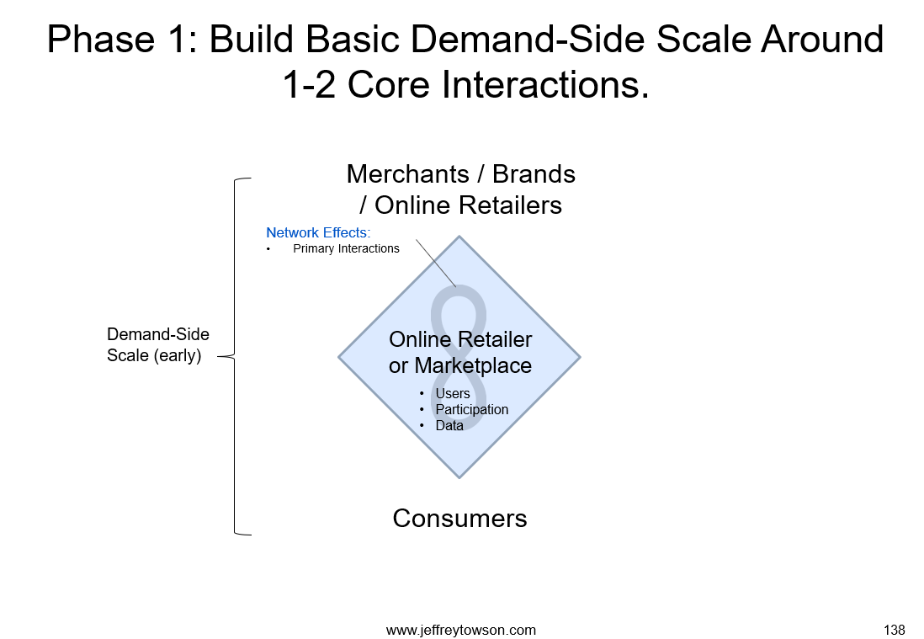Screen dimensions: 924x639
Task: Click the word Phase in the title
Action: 101,40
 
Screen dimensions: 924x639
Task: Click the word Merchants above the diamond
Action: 408,174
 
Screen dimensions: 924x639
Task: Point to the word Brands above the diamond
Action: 534,174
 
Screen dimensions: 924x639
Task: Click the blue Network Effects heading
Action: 318,233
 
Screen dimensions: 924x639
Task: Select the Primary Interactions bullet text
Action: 346,248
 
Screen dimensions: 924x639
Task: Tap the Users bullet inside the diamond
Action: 453,393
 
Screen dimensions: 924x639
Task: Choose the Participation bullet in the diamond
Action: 471,410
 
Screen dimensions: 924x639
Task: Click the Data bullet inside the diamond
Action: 449,426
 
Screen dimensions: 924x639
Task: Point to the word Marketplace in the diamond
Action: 473,365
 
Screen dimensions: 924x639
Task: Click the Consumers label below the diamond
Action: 459,519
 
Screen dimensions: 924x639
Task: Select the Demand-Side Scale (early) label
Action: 158,345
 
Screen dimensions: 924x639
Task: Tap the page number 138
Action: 894,630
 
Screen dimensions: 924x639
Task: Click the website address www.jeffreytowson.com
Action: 461,630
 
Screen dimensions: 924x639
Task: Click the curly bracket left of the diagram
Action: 235,356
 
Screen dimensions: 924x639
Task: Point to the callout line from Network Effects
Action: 436,263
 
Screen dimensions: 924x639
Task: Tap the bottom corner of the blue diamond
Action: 459,477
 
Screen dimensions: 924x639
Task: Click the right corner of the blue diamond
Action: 580,357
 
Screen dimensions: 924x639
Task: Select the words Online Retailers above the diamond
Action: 468,205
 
